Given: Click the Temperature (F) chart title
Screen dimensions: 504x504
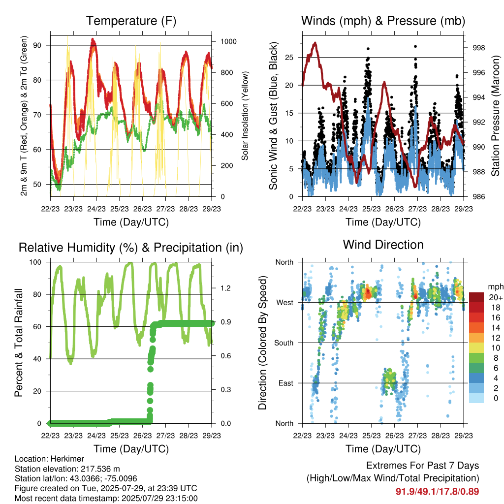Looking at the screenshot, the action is click(x=131, y=21).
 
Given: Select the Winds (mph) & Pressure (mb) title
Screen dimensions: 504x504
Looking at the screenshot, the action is click(x=383, y=21).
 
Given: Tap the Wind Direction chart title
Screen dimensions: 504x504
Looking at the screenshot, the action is click(x=383, y=245).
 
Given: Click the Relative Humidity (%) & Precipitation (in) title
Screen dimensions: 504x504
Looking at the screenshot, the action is click(x=131, y=248).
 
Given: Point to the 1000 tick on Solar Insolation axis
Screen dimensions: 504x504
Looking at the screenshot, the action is click(x=228, y=41).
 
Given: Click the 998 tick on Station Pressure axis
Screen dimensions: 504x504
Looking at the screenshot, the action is click(x=478, y=48).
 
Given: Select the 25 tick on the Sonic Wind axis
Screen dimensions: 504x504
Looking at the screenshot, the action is click(x=289, y=58).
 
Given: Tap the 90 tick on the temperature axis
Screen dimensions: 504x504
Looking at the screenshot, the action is click(x=37, y=45).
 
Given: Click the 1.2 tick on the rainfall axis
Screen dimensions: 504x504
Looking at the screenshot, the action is click(x=225, y=288).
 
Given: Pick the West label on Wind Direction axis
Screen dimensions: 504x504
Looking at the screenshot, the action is click(x=285, y=303).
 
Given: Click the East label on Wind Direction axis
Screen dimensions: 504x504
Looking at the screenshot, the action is click(x=286, y=383).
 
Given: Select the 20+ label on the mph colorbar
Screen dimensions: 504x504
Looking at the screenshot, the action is click(x=496, y=297).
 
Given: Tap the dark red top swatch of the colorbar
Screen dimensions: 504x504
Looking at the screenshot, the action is click(x=476, y=297).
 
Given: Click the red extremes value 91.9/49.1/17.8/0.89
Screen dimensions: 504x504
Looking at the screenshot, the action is click(x=437, y=492).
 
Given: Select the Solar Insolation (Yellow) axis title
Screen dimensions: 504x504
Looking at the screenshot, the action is click(x=245, y=116).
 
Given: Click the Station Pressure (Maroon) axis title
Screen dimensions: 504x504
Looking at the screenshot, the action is click(x=495, y=116).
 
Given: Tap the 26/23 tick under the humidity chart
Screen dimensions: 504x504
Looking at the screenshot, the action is click(x=142, y=436).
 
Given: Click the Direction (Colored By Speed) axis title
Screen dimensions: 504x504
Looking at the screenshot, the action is click(x=263, y=343).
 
